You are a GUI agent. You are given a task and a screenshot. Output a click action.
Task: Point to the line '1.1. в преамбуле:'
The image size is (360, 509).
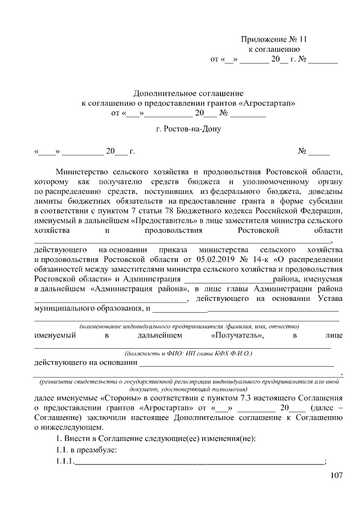(84, 451)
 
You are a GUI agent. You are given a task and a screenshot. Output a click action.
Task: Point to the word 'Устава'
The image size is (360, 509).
(329, 298)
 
